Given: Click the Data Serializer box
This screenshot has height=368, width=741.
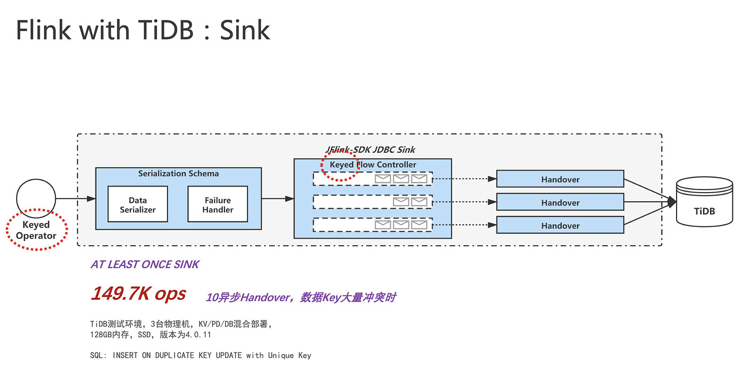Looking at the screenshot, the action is pyautogui.click(x=137, y=204).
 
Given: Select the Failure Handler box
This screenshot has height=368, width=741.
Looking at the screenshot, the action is pyautogui.click(x=217, y=204).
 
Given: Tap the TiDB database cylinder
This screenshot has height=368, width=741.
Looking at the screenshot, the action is pyautogui.click(x=704, y=202).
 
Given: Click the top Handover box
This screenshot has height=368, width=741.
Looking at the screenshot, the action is pyautogui.click(x=560, y=179).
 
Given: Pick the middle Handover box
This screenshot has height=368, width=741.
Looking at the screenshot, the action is pyautogui.click(x=560, y=202).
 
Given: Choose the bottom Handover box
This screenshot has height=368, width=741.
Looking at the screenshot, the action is pyautogui.click(x=560, y=225).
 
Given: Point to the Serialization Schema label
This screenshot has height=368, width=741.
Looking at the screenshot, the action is pyautogui.click(x=178, y=173).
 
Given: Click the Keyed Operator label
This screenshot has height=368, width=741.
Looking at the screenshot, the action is pyautogui.click(x=36, y=230).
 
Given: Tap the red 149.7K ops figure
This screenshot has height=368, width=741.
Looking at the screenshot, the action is pyautogui.click(x=139, y=293).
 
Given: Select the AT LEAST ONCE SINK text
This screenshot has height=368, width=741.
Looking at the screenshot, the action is pyautogui.click(x=145, y=264).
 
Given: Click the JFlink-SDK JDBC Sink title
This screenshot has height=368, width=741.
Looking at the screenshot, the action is pyautogui.click(x=370, y=150).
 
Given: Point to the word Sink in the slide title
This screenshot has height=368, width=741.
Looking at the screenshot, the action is pyautogui.click(x=245, y=30).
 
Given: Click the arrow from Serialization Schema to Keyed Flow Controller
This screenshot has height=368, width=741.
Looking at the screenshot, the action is pyautogui.click(x=278, y=198).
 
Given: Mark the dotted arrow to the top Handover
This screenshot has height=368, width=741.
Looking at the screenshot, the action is pyautogui.click(x=464, y=179).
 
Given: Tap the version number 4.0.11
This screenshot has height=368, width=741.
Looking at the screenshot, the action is pyautogui.click(x=198, y=335).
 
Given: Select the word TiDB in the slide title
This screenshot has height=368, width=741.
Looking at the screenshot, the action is pyautogui.click(x=165, y=30).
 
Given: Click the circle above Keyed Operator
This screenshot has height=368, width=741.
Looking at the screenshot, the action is pyautogui.click(x=36, y=198).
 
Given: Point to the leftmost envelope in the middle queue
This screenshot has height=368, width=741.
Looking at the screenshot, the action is pyautogui.click(x=401, y=202).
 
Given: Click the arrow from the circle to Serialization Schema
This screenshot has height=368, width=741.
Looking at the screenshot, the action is pyautogui.click(x=76, y=198).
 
